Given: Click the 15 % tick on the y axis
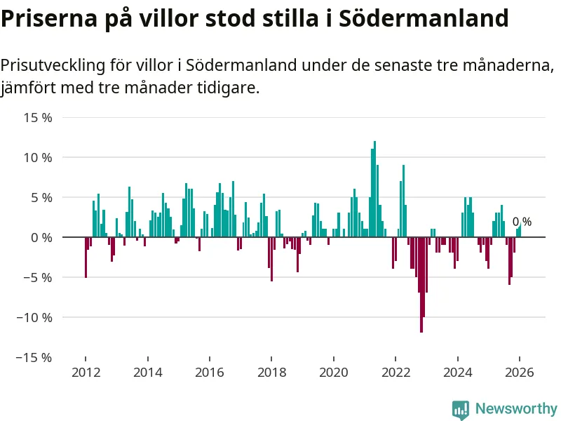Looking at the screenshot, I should [x=39, y=117].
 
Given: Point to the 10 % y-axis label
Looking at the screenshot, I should [x=39, y=157].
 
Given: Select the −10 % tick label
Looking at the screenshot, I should [x=35, y=317].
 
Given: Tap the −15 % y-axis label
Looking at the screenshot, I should [x=35, y=357].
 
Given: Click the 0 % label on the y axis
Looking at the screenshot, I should [x=42, y=237].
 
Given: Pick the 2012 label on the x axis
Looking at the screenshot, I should [x=85, y=373].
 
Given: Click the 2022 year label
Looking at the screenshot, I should [x=396, y=373].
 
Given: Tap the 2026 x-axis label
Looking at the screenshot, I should [x=520, y=373].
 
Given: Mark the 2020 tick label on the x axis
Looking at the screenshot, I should [x=333, y=373].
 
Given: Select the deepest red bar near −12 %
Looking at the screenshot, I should [x=421, y=284].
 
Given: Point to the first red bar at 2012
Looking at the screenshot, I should [x=86, y=257].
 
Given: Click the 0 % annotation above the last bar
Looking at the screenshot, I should [x=522, y=222].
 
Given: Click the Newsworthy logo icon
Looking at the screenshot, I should [x=461, y=409].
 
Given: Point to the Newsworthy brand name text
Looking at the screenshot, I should [x=516, y=408].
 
